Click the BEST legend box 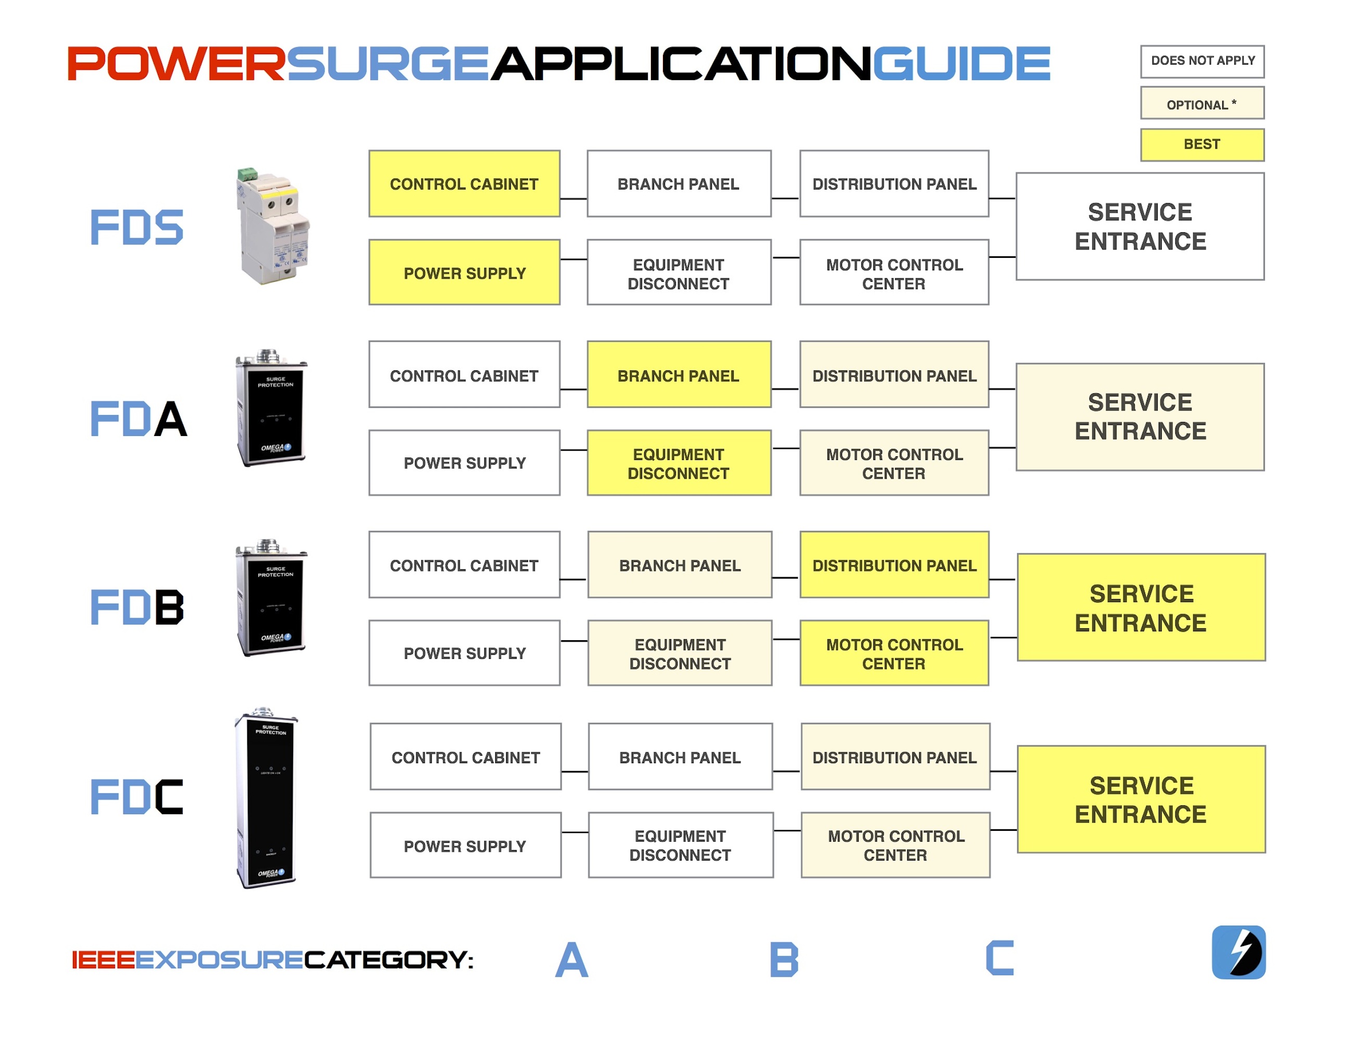tap(1202, 145)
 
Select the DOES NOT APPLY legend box tap(1202, 61)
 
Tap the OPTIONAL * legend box tap(1202, 103)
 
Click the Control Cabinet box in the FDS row tap(464, 184)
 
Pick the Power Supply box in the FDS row tap(464, 272)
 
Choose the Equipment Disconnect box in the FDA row tap(679, 463)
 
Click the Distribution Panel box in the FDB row tap(894, 565)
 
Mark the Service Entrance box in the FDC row tap(1141, 800)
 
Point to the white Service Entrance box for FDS tap(1140, 227)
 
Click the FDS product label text tap(137, 227)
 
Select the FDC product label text tap(137, 797)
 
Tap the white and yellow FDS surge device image tap(273, 226)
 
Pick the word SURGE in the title tap(388, 64)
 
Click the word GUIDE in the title tap(962, 64)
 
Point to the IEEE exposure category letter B tap(784, 959)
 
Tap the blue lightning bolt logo tap(1238, 952)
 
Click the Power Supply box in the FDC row tap(466, 845)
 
